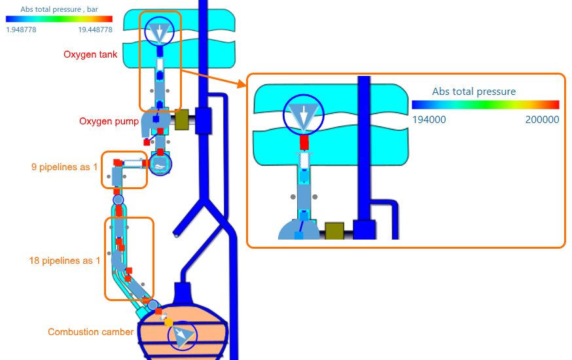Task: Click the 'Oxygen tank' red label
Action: [90, 54]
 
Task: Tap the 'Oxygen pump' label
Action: [109, 121]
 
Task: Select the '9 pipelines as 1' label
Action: [64, 167]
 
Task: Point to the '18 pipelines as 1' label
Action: [65, 261]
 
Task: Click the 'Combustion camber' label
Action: [90, 332]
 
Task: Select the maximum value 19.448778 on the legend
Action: [95, 29]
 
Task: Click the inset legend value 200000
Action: [542, 120]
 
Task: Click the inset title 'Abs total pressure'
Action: [474, 92]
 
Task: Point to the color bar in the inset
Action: [485, 105]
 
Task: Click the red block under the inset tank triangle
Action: [304, 142]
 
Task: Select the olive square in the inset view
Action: [334, 231]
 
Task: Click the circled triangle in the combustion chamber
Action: [181, 336]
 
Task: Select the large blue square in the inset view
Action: [363, 230]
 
